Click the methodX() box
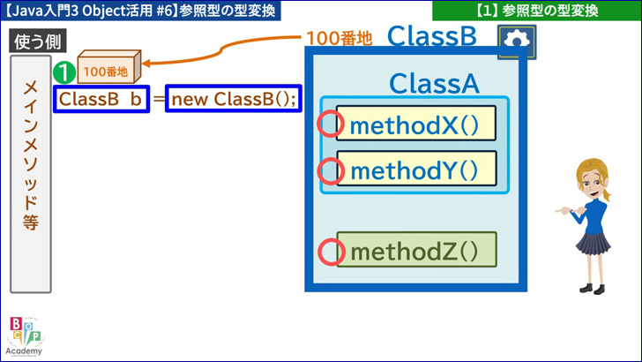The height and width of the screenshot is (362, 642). coord(416,124)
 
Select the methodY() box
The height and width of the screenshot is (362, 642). coord(416,169)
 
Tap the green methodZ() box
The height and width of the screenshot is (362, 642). coord(417,250)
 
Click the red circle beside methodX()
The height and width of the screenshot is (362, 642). coord(330,124)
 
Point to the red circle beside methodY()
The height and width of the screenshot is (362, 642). coord(331,171)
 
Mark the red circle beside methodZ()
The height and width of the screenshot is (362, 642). coord(331,252)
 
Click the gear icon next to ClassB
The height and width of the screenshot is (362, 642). coord(517,41)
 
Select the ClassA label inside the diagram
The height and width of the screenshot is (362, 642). coord(434,84)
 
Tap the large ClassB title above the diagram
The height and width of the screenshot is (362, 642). coord(432,35)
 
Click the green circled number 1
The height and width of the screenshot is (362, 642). coord(64,72)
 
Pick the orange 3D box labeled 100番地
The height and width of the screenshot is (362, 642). coord(109,66)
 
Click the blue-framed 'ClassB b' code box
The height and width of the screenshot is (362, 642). coord(101,99)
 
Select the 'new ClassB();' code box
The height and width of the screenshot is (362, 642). coord(234,99)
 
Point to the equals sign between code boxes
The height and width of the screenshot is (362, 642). coord(158,99)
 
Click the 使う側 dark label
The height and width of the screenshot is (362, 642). coord(38,41)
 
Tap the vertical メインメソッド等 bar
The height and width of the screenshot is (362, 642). coord(31,174)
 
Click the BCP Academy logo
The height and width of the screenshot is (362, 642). coord(25,336)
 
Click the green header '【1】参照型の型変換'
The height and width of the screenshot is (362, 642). coord(537,11)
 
